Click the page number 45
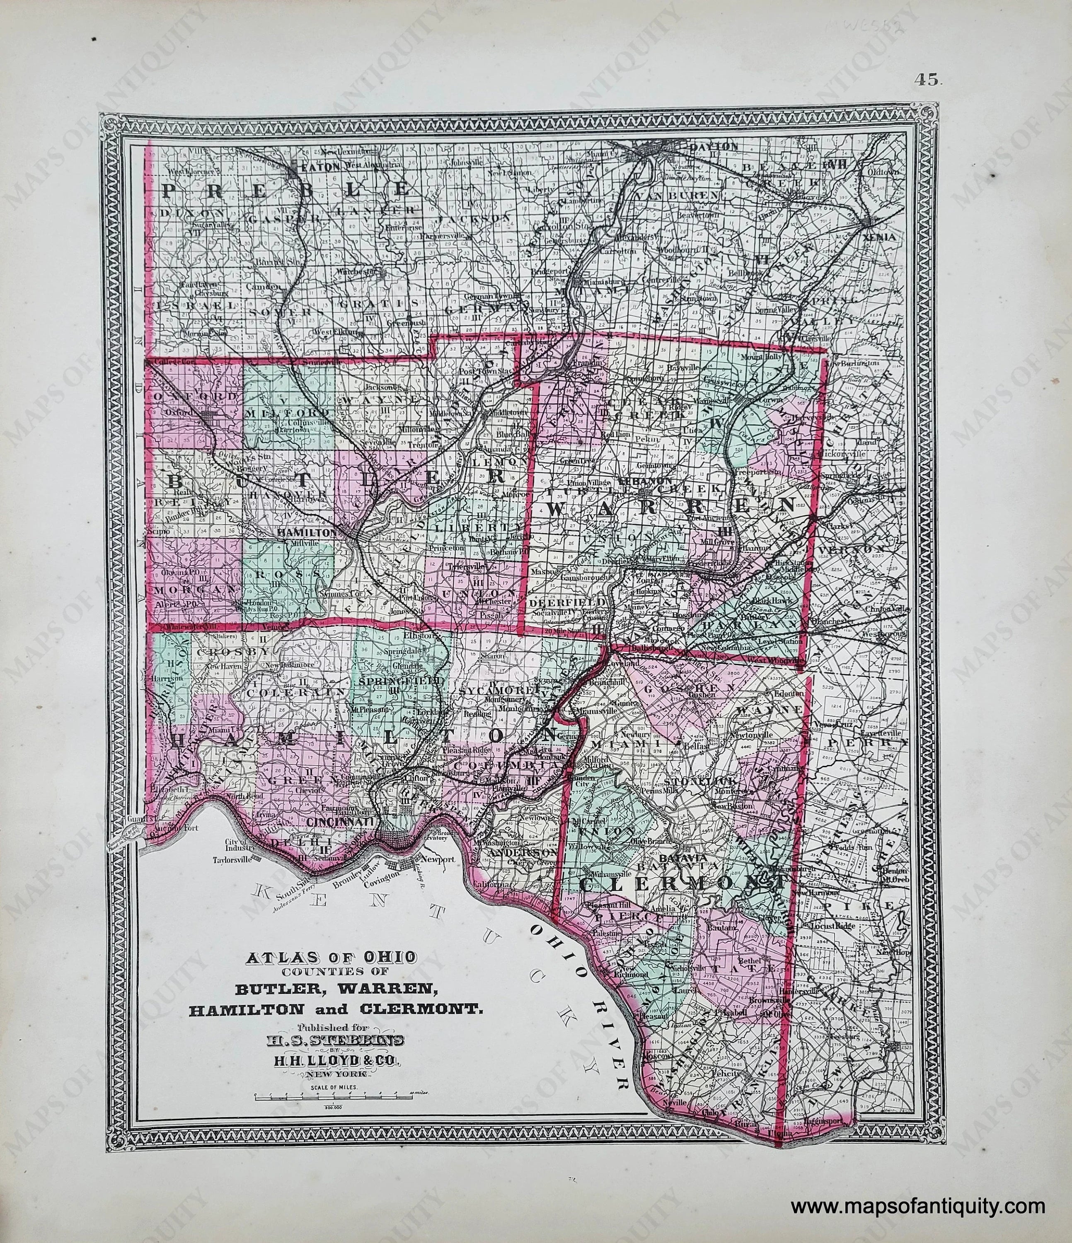point(929,78)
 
